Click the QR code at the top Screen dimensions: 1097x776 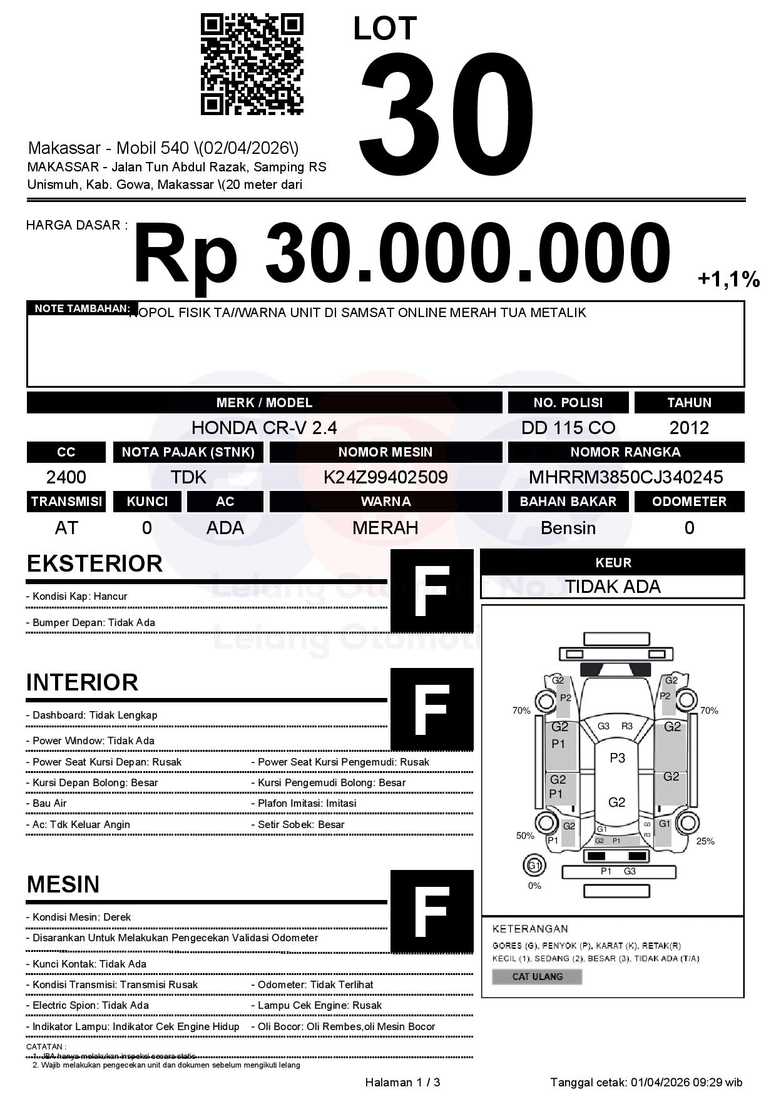coord(252,65)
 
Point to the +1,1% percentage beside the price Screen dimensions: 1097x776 coord(728,280)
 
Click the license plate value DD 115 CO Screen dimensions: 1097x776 coord(568,428)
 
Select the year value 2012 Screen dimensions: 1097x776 coord(689,428)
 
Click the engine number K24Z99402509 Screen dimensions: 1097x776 coord(385,477)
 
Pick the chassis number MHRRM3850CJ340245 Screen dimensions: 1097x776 coord(626,477)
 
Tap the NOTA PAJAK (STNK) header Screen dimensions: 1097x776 coord(188,452)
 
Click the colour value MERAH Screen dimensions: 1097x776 coord(385,528)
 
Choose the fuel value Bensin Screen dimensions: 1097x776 coord(568,528)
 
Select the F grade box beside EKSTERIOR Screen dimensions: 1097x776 coord(432,591)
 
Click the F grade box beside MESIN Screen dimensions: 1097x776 coord(432,911)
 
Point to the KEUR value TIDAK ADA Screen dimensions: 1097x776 coord(613,587)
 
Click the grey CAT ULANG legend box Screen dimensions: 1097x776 coord(537,976)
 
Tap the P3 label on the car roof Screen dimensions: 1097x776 coord(617,758)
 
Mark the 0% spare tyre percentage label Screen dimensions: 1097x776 coord(534,886)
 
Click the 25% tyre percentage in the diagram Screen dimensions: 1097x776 coord(705,841)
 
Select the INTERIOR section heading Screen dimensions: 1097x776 coord(82,682)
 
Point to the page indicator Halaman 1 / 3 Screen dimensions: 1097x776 coord(402,1082)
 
